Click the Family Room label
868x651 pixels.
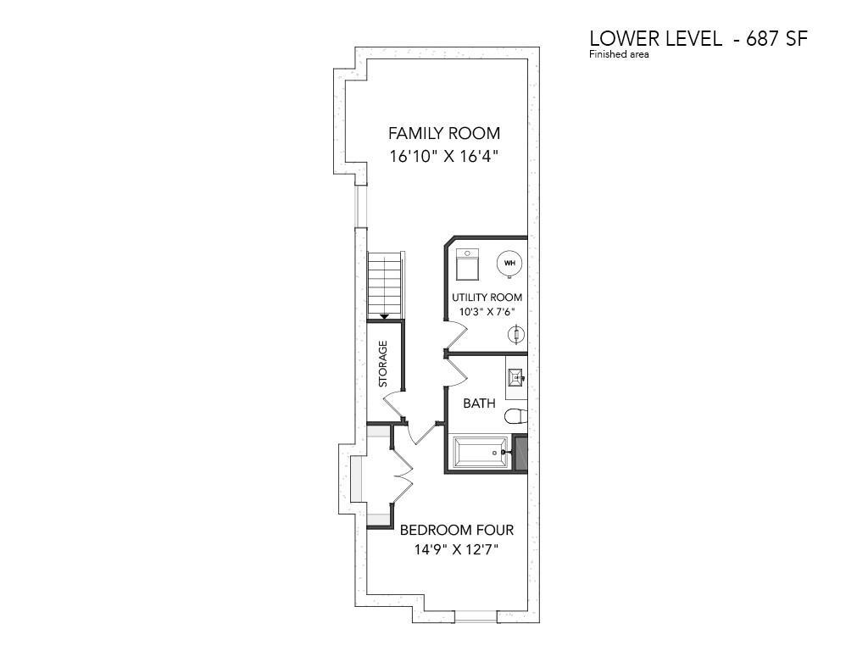coord(444,133)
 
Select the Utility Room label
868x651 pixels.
coord(487,298)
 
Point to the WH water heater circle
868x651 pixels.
coord(509,263)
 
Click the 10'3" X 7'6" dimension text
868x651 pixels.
coord(487,311)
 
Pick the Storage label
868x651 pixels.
coord(382,364)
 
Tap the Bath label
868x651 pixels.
coord(479,403)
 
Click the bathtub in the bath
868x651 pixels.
coord(481,453)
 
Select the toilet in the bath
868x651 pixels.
coord(515,415)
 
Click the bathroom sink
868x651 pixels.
coord(516,378)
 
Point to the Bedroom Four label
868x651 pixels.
coord(457,530)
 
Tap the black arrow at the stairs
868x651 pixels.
coord(384,316)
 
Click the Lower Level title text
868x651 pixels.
coord(655,39)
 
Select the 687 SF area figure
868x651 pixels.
coord(776,39)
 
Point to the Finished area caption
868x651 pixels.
coord(619,54)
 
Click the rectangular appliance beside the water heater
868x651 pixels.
coord(468,264)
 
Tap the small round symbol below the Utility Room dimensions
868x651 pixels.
coord(516,334)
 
